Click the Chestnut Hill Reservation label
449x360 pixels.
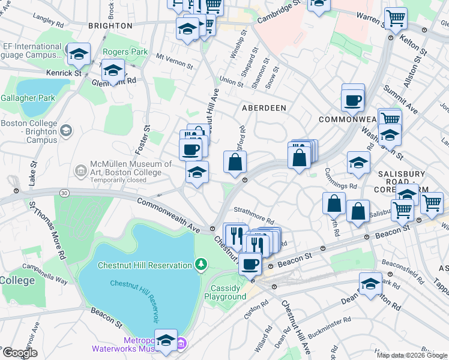point(144,264)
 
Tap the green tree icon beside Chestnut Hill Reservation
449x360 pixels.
point(202,264)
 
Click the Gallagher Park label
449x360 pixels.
point(28,98)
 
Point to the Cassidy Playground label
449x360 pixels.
point(225,292)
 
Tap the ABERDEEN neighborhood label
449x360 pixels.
point(264,107)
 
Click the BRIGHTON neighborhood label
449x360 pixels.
point(110,26)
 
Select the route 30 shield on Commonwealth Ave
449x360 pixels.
point(64,193)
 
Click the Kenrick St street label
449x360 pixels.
point(69,73)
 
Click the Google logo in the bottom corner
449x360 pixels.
point(20,353)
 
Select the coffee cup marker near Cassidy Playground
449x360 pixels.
point(250,263)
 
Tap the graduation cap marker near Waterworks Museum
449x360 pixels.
point(166,339)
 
